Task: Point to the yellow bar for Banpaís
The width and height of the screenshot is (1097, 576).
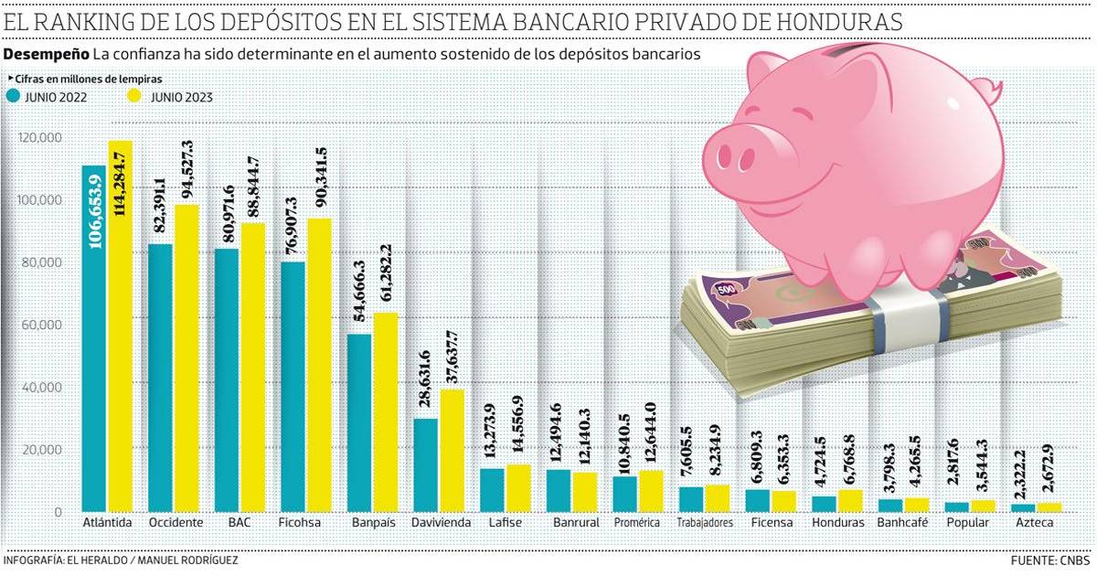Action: pos(386,412)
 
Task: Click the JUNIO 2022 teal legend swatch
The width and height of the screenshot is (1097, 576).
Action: pos(13,95)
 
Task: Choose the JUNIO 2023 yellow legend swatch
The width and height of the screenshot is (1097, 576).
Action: pos(133,95)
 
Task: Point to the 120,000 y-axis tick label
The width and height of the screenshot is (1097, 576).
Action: pos(39,137)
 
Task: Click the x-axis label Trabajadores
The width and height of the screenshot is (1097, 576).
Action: pos(705,523)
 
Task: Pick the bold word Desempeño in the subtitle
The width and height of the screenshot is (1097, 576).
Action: pos(46,55)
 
